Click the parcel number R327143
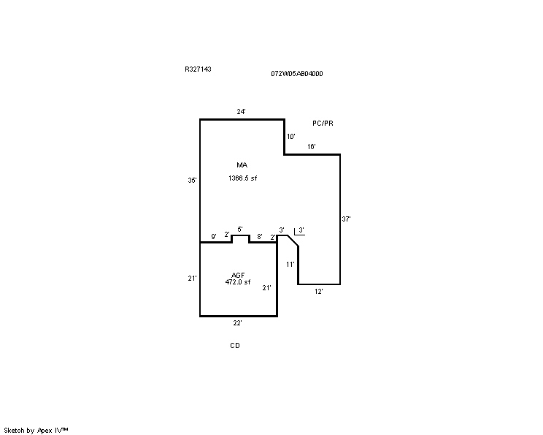point(198,69)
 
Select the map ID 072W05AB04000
point(297,74)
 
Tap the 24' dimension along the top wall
point(242,111)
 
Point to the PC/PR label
point(323,123)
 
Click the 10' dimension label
point(291,136)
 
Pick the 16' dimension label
point(312,146)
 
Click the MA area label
point(242,164)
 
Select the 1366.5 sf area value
point(243,178)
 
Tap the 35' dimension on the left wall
point(192,180)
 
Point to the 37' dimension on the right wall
point(346,219)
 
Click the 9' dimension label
point(214,236)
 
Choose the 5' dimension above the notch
point(240,229)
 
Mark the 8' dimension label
point(259,236)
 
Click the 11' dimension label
point(290,265)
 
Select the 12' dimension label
point(319,292)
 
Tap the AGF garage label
point(238,275)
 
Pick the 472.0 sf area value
point(238,282)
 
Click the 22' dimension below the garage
point(237,323)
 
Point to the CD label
point(235,346)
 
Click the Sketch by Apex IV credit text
point(36,431)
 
